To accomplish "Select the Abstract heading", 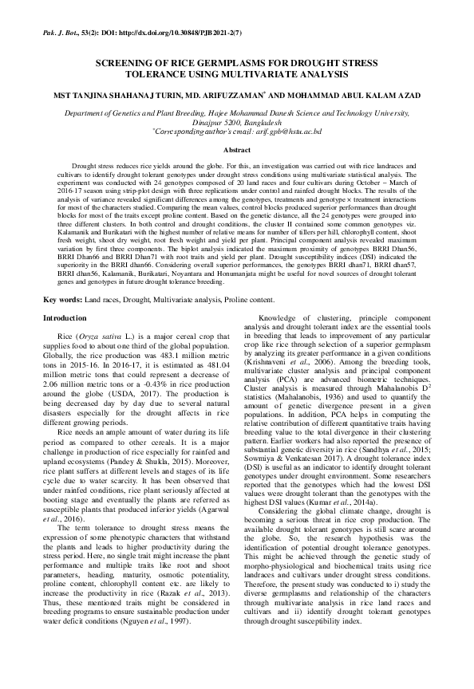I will pyautogui.click(x=237, y=150).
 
